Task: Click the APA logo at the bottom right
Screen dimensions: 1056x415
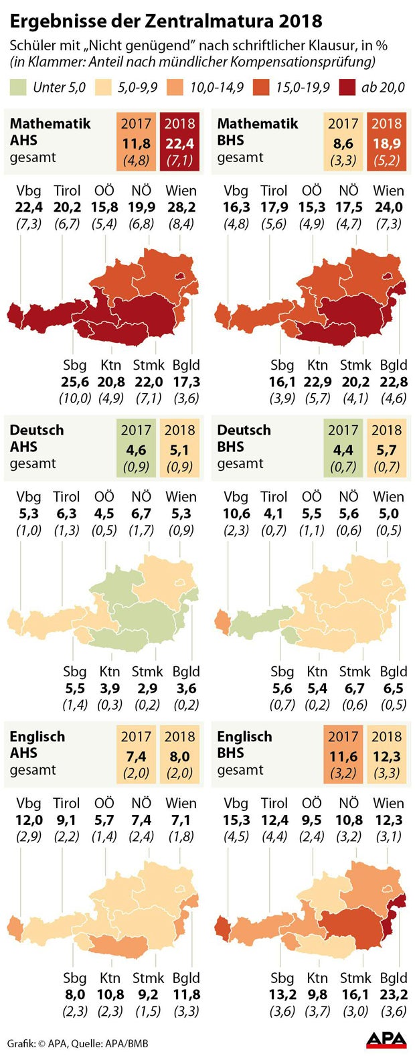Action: point(386,1040)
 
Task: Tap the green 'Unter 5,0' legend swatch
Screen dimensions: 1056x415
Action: point(18,87)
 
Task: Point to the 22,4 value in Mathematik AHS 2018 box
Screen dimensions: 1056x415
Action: point(179,143)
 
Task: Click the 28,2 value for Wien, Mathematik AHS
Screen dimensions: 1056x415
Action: point(181,207)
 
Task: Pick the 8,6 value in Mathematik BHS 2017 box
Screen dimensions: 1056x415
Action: point(343,143)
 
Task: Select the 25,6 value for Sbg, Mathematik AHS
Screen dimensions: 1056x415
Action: point(75,382)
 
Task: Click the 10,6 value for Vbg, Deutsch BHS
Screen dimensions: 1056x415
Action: point(236,514)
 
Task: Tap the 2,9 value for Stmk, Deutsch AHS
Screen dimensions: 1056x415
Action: point(148,688)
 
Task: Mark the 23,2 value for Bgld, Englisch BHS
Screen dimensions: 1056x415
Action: point(394,994)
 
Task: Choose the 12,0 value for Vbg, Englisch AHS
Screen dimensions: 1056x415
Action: point(29,820)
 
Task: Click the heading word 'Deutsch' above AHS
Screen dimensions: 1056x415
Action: point(37,430)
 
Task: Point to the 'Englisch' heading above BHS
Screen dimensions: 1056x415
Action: point(244,737)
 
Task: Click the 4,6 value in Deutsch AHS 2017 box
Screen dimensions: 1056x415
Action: point(136,450)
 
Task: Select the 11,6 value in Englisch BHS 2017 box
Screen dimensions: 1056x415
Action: point(343,757)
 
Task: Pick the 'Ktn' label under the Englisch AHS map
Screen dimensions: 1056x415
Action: point(110,978)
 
